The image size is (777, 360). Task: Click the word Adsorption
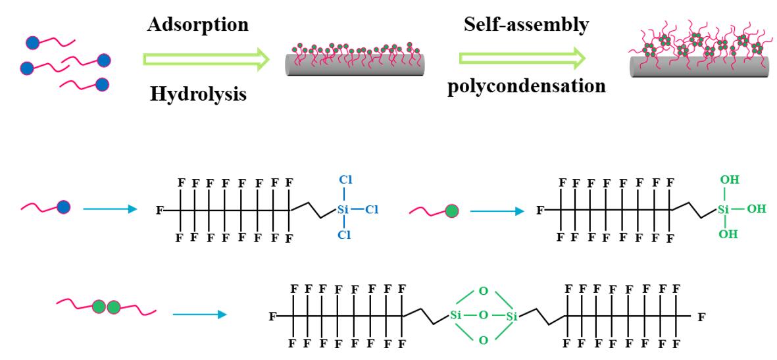198,26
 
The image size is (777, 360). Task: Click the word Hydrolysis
198,94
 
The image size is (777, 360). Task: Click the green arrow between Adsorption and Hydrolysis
206,60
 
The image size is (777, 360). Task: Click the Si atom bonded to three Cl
342,210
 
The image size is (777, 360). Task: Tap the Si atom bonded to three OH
723,210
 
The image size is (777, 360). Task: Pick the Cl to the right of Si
372,210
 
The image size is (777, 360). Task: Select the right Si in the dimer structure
513,317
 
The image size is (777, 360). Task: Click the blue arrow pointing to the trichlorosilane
110,209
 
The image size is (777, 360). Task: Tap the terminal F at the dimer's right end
701,317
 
